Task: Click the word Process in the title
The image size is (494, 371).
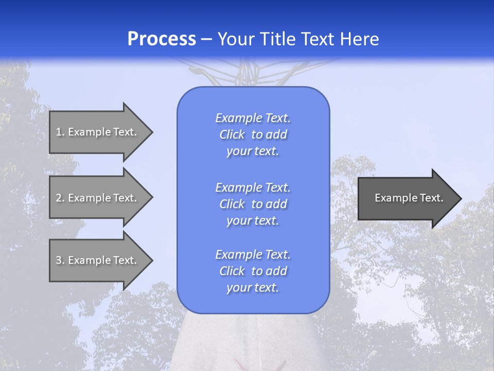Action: (162, 39)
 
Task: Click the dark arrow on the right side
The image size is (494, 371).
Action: (407, 198)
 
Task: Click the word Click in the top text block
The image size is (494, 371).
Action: (232, 135)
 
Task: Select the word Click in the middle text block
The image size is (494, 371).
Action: (232, 204)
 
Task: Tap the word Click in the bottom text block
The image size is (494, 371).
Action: (232, 271)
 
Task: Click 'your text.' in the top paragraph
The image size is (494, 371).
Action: (253, 151)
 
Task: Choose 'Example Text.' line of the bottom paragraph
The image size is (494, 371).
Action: (253, 255)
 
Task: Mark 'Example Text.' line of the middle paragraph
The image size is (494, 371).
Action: (253, 188)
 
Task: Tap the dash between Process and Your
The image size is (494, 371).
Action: (207, 40)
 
